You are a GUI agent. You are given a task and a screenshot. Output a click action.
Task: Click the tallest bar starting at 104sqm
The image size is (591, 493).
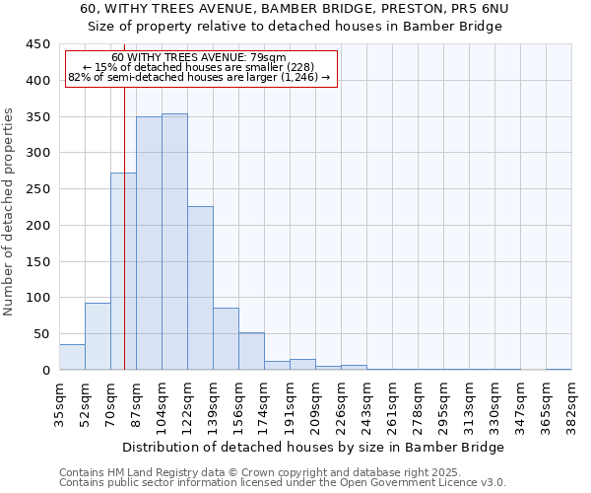174,242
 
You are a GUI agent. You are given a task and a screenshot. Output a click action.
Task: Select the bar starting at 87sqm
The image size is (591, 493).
149,244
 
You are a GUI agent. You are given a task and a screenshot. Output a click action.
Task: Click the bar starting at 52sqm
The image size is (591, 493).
98,336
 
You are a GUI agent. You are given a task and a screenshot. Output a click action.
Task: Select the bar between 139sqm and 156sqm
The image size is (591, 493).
226,339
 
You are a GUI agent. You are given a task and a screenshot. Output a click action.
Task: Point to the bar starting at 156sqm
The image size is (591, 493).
251,351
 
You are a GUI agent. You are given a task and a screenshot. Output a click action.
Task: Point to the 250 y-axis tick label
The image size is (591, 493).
37,189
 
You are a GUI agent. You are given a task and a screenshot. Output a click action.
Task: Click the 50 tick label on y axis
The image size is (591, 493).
40,334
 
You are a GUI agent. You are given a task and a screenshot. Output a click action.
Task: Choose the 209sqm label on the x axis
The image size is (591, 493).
315,404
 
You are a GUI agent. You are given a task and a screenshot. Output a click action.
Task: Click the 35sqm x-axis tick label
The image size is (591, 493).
59,404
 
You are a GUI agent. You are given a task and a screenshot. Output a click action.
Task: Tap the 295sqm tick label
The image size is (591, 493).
443,404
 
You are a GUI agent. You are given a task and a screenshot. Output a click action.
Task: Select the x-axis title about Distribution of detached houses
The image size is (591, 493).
315,447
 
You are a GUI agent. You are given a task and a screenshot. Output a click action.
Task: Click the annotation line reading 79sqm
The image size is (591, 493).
201,57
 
